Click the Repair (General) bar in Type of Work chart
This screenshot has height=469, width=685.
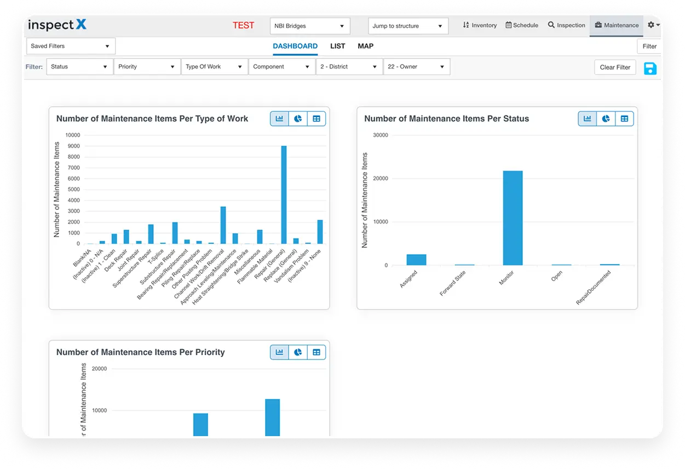[284, 195]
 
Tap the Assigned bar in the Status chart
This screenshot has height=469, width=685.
[416, 260]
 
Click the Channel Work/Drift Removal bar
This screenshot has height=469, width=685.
[223, 225]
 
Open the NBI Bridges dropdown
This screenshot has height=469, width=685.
[309, 26]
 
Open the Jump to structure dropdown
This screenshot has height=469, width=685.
[407, 26]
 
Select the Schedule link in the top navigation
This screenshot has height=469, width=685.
[521, 25]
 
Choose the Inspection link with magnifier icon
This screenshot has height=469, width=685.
[566, 25]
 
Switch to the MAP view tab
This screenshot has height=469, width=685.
[365, 46]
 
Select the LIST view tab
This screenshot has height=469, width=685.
[337, 46]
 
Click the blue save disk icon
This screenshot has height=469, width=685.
[650, 68]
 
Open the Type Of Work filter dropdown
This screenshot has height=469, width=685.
[214, 67]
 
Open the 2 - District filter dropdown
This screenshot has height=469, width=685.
[349, 67]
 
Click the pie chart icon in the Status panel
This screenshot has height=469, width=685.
[606, 118]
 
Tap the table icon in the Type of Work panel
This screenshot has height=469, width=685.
[316, 118]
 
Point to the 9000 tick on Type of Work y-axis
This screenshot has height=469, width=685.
[72, 146]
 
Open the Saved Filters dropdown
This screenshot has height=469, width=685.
[71, 46]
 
